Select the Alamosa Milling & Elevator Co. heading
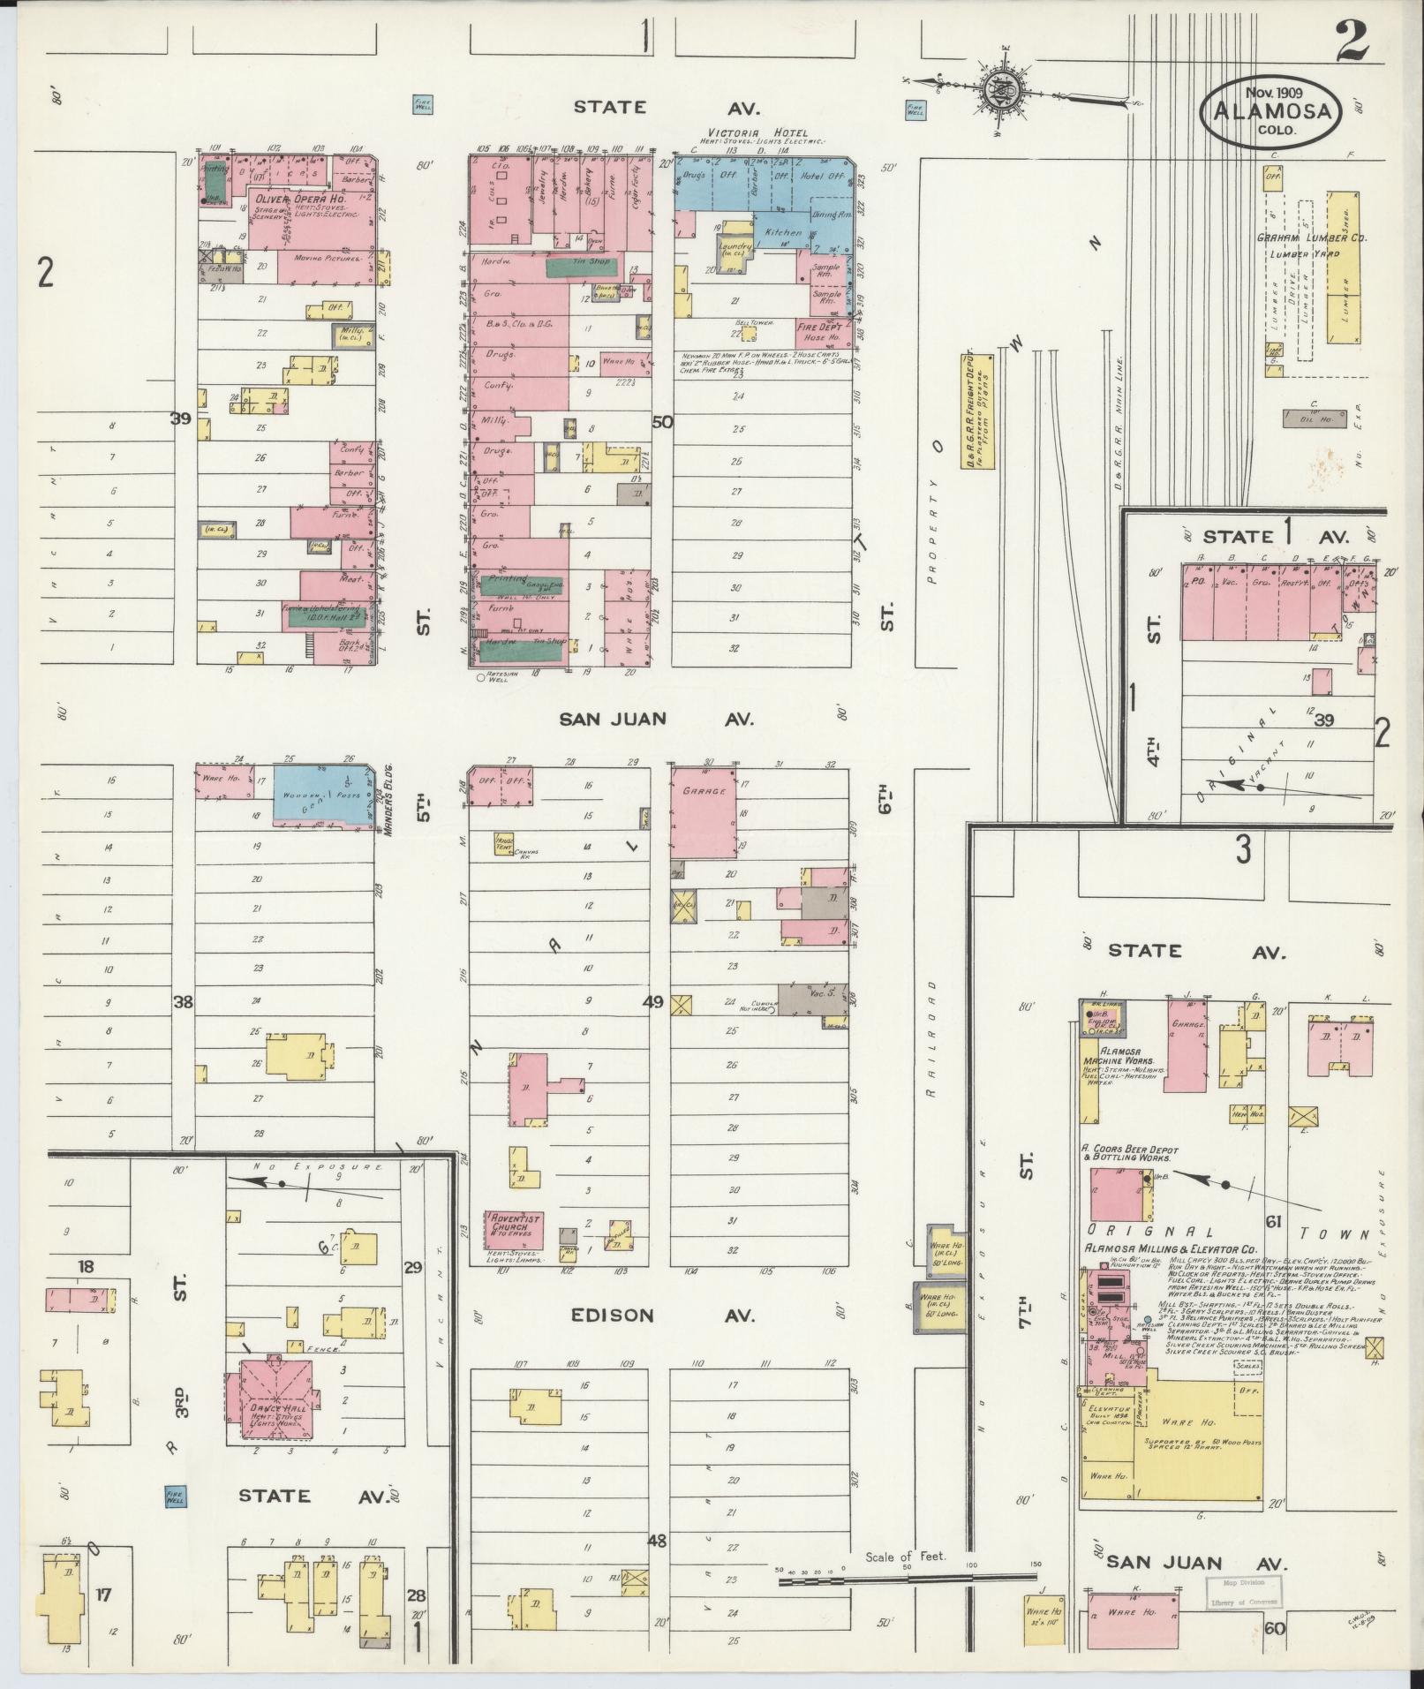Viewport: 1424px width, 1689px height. point(1169,1248)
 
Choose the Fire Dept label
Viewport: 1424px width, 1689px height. point(819,327)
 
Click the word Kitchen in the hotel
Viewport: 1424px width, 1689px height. point(784,232)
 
